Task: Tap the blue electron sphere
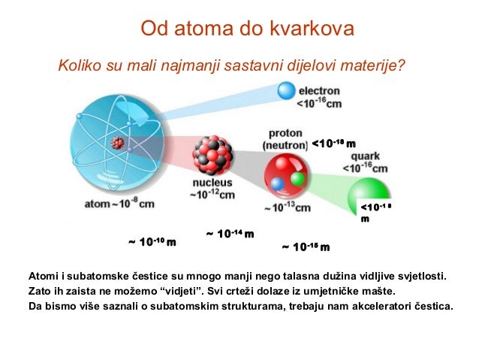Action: tap(286, 90)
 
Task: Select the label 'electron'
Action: tap(321, 90)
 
